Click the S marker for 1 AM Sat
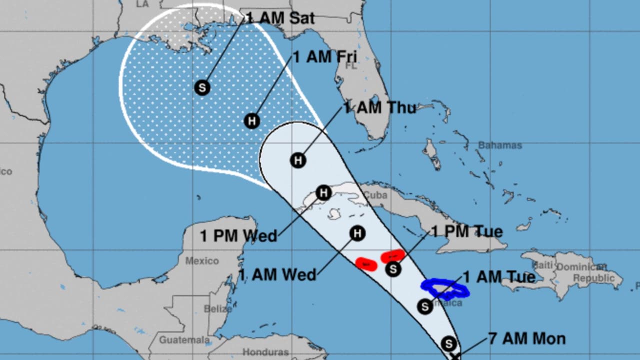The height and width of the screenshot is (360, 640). click(x=202, y=88)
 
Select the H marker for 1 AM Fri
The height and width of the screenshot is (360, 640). click(x=252, y=120)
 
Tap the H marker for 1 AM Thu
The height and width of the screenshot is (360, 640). click(x=298, y=160)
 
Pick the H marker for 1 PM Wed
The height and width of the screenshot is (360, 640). click(x=324, y=192)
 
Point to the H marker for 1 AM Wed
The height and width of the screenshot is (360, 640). click(x=357, y=233)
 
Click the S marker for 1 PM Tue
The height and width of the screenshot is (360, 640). click(x=394, y=269)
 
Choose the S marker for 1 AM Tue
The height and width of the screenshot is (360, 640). click(x=424, y=305)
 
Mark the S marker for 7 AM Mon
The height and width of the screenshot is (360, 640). click(x=449, y=343)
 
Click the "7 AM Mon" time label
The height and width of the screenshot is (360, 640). click(x=527, y=338)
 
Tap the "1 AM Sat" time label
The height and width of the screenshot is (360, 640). click(x=280, y=18)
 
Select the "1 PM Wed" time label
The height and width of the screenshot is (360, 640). click(x=238, y=235)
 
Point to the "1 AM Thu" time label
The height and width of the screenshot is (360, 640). click(x=379, y=107)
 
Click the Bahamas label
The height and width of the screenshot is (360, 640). click(x=499, y=145)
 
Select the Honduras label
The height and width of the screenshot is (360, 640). click(x=265, y=352)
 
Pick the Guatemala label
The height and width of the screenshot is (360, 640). click(x=184, y=340)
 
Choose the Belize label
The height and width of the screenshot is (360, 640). click(x=217, y=309)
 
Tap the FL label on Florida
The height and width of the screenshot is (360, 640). click(x=351, y=65)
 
